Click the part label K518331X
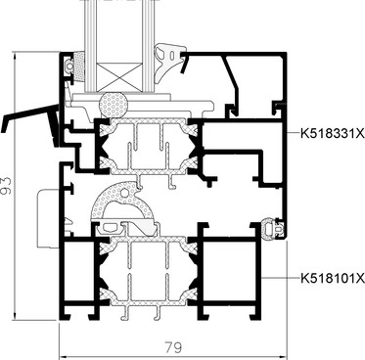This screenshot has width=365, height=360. pyautogui.click(x=332, y=133)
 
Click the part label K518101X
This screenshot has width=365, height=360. pyautogui.click(x=332, y=278)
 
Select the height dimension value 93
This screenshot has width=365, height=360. pyautogui.click(x=6, y=186)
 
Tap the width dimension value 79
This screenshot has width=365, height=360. pyautogui.click(x=173, y=347)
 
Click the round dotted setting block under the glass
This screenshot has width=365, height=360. pyautogui.click(x=113, y=105)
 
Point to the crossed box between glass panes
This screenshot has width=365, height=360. pyautogui.click(x=119, y=77)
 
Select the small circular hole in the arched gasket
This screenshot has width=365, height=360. pyautogui.click(x=124, y=193)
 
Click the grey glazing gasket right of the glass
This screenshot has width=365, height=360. pyautogui.click(x=165, y=62)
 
